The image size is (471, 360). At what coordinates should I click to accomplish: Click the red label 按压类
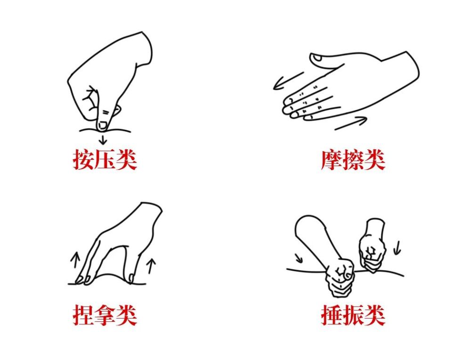(105, 160)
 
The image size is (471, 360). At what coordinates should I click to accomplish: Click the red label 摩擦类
(353, 160)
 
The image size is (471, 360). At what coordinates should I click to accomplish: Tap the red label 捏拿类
(105, 315)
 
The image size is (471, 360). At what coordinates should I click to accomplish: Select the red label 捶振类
(353, 315)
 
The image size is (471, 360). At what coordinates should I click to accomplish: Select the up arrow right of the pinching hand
(151, 265)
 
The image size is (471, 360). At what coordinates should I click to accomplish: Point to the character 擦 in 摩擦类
(353, 160)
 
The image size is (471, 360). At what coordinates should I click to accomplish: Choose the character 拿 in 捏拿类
(105, 315)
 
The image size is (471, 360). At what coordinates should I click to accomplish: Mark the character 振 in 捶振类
(353, 315)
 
